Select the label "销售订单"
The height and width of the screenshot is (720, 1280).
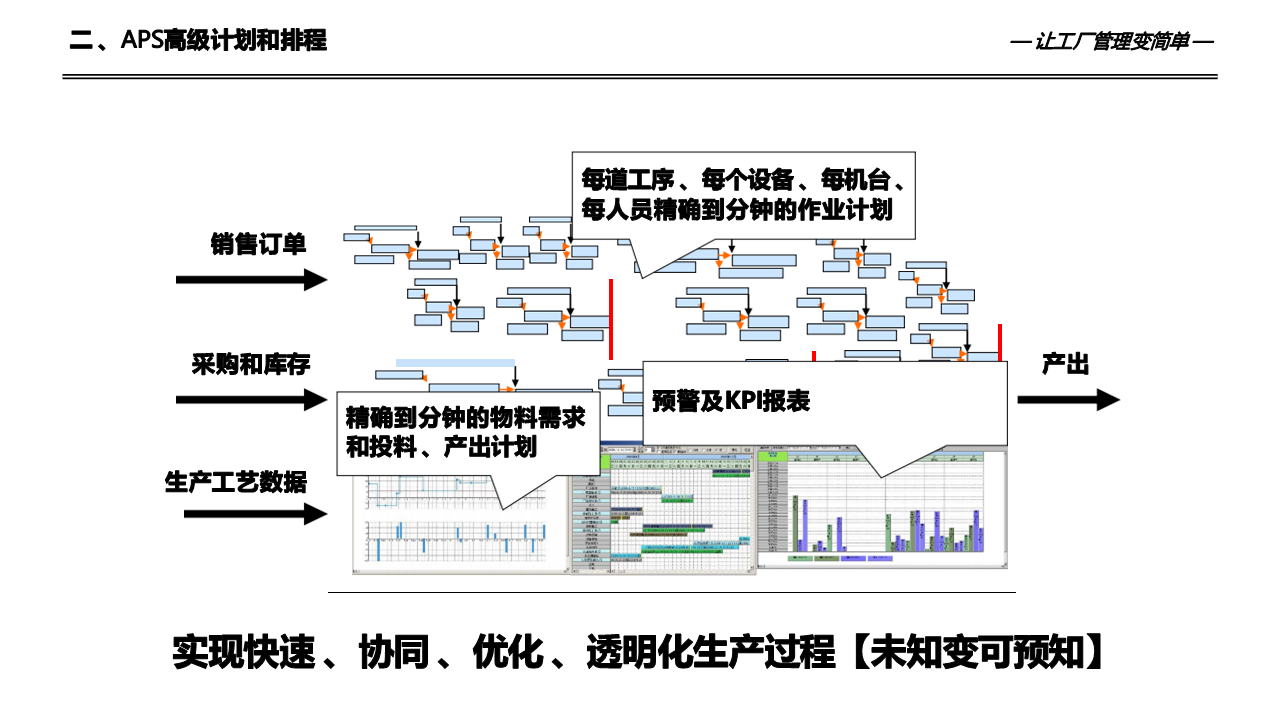pyautogui.click(x=258, y=244)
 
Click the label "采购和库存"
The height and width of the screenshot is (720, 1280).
pyautogui.click(x=251, y=364)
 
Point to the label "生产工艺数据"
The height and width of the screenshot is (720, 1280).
pyautogui.click(x=236, y=482)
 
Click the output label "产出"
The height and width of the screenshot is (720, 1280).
pyautogui.click(x=1065, y=364)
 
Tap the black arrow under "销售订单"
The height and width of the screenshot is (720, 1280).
pyautogui.click(x=251, y=280)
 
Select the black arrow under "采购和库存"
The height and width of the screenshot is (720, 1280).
pyautogui.click(x=251, y=400)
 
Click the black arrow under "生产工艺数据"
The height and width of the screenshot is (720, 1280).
pyautogui.click(x=255, y=514)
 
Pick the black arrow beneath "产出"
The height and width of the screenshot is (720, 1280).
pyautogui.click(x=1068, y=400)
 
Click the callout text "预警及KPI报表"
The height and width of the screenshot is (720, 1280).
pyautogui.click(x=730, y=402)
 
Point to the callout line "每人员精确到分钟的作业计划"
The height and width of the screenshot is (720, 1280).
pyautogui.click(x=737, y=211)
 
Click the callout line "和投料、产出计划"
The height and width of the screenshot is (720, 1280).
pyautogui.click(x=441, y=447)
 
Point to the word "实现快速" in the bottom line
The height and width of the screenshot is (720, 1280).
pyautogui.click(x=245, y=652)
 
